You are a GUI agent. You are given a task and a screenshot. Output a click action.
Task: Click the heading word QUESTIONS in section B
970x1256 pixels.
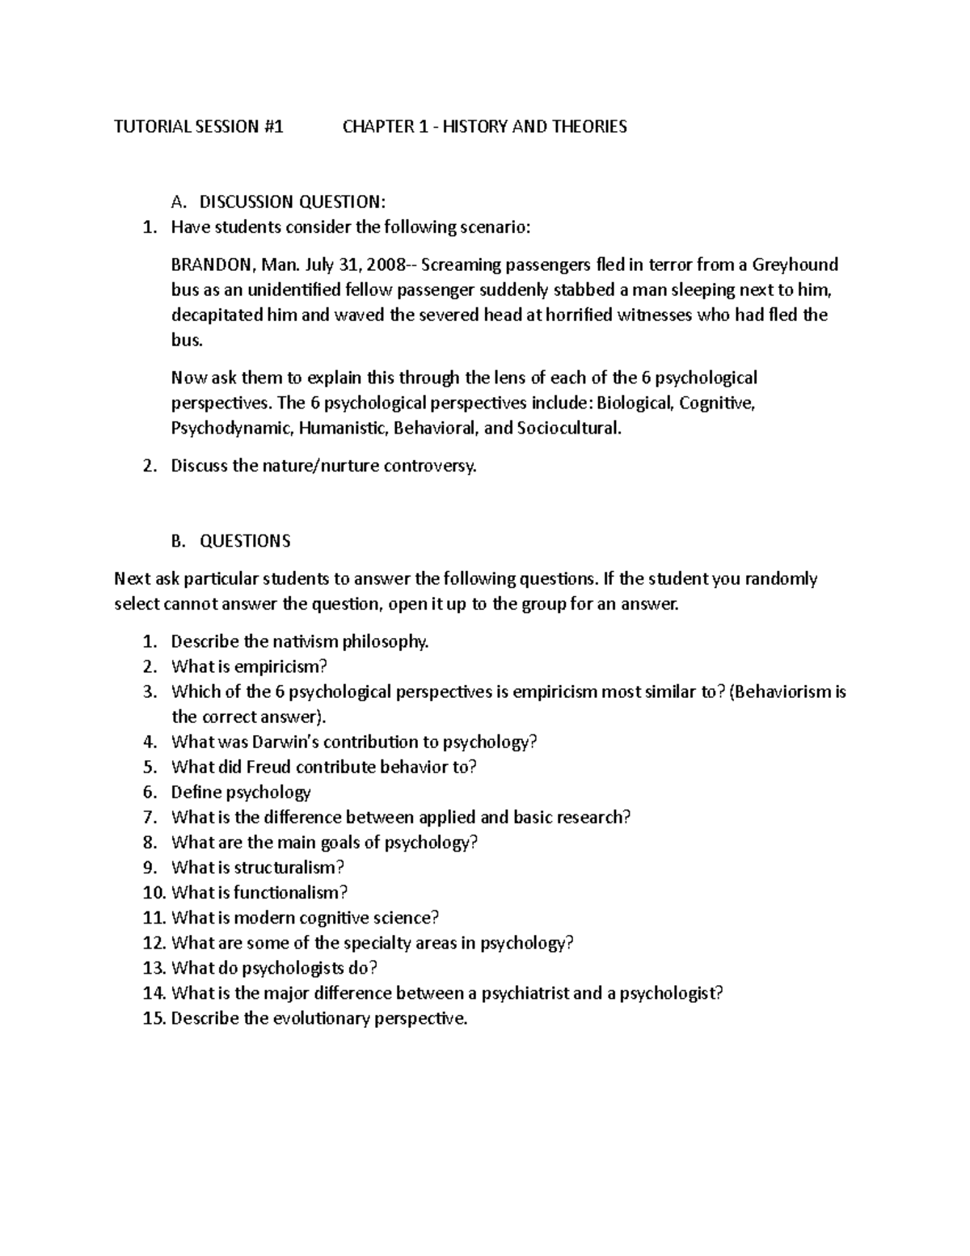tap(245, 541)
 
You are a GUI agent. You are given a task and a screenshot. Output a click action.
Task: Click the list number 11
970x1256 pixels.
tap(153, 918)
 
